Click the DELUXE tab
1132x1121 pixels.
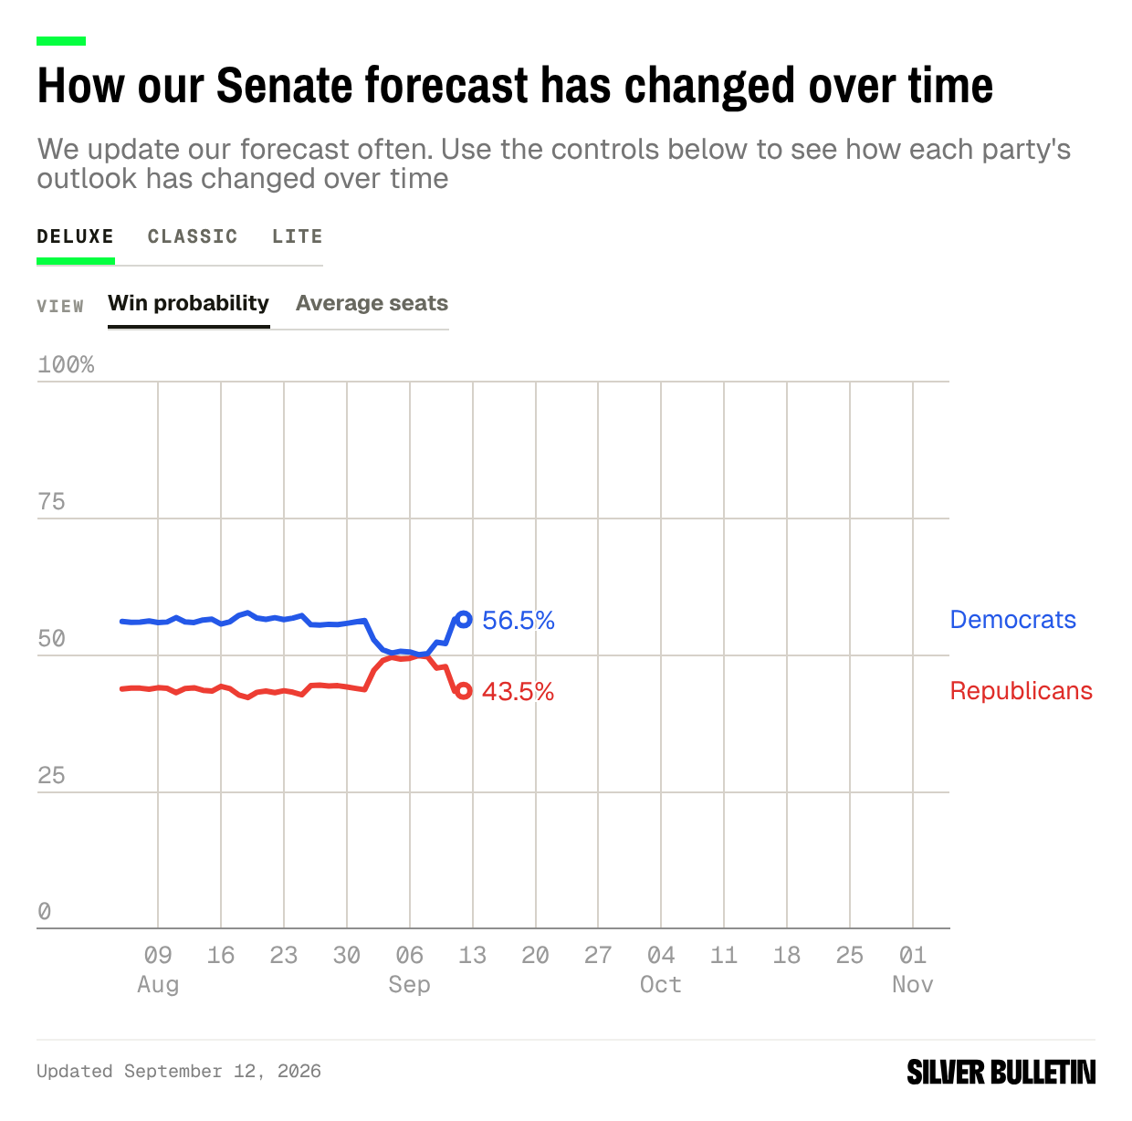[75, 236]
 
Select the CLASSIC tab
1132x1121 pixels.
[193, 236]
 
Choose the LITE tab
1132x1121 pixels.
[298, 236]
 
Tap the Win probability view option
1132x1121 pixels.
[189, 303]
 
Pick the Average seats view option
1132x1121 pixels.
[372, 303]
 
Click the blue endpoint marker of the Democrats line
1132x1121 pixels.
[464, 619]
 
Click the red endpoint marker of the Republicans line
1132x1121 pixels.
[464, 691]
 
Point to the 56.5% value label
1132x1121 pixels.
[519, 621]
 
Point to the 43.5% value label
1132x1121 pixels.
[519, 692]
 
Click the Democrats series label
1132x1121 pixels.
[1012, 620]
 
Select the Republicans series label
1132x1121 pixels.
[1021, 691]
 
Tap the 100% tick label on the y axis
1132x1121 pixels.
[66, 365]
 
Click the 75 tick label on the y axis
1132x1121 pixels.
[52, 502]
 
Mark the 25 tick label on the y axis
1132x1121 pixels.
[52, 776]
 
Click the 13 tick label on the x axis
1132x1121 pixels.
[472, 956]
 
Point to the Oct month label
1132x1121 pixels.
[661, 985]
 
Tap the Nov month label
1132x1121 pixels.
[912, 985]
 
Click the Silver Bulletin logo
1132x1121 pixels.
[1001, 1072]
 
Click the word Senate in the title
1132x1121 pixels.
[284, 86]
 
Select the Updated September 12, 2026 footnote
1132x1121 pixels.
[179, 1072]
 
